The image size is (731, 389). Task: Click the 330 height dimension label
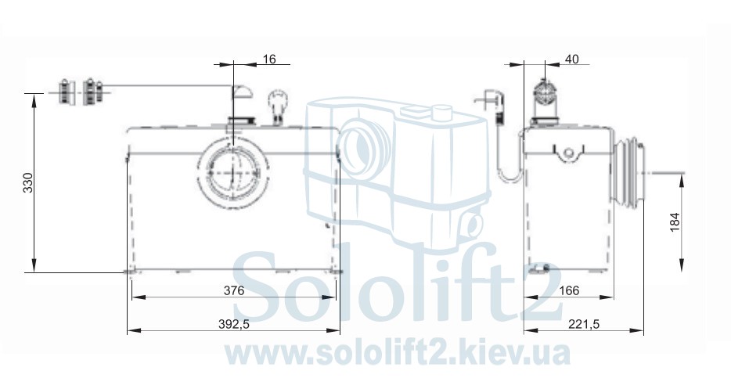tap(29, 183)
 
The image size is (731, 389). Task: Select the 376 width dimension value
tap(234, 290)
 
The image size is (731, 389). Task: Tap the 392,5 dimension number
tap(233, 324)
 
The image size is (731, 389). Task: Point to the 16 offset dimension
tap(269, 59)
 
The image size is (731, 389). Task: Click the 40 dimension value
tap(571, 59)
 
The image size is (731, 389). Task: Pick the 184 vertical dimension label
tap(675, 222)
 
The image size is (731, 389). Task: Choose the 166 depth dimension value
tap(569, 290)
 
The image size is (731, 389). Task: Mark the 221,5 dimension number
tap(584, 324)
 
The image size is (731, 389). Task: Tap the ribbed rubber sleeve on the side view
tap(629, 172)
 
